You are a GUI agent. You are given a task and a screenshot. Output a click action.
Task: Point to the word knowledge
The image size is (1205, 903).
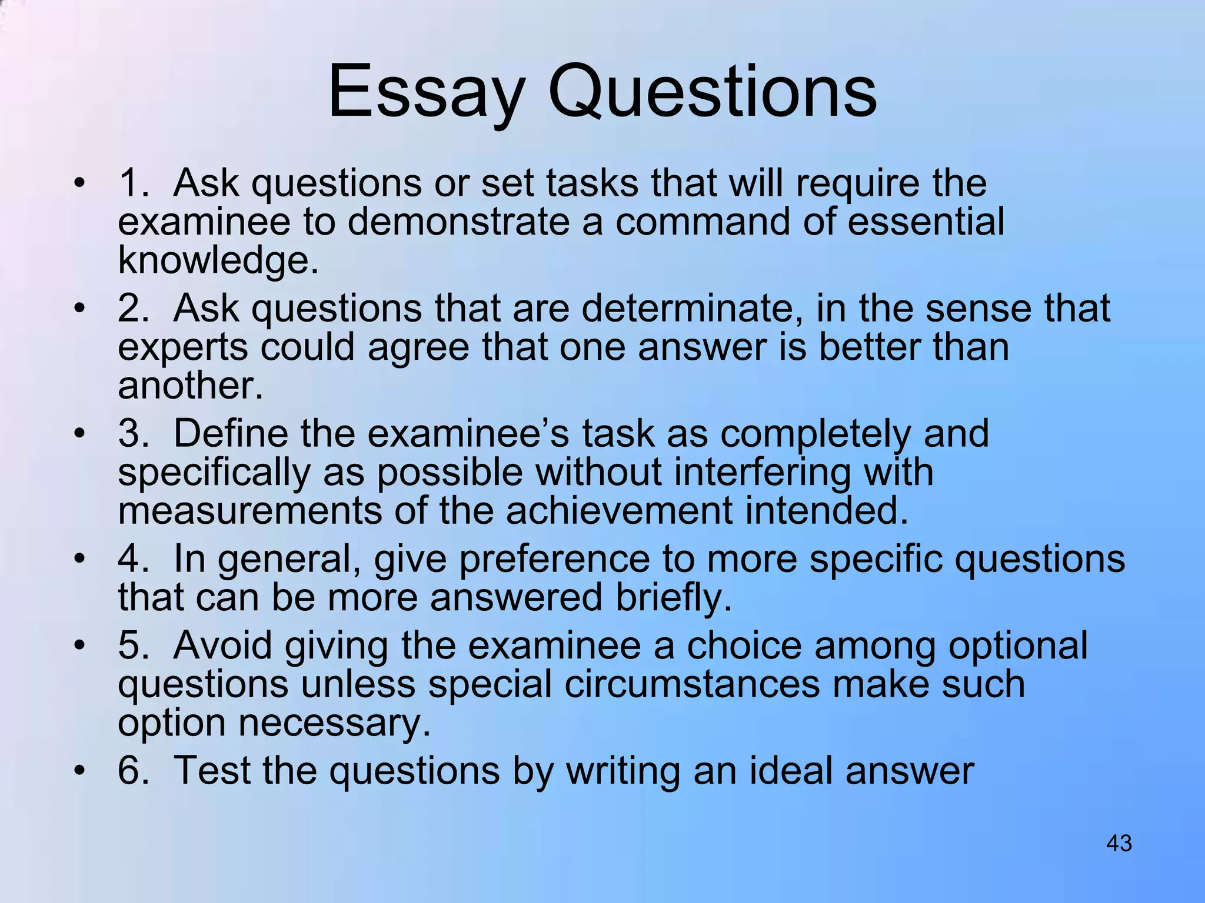tap(218, 260)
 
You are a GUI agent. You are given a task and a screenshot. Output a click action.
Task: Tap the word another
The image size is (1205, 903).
tap(190, 386)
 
